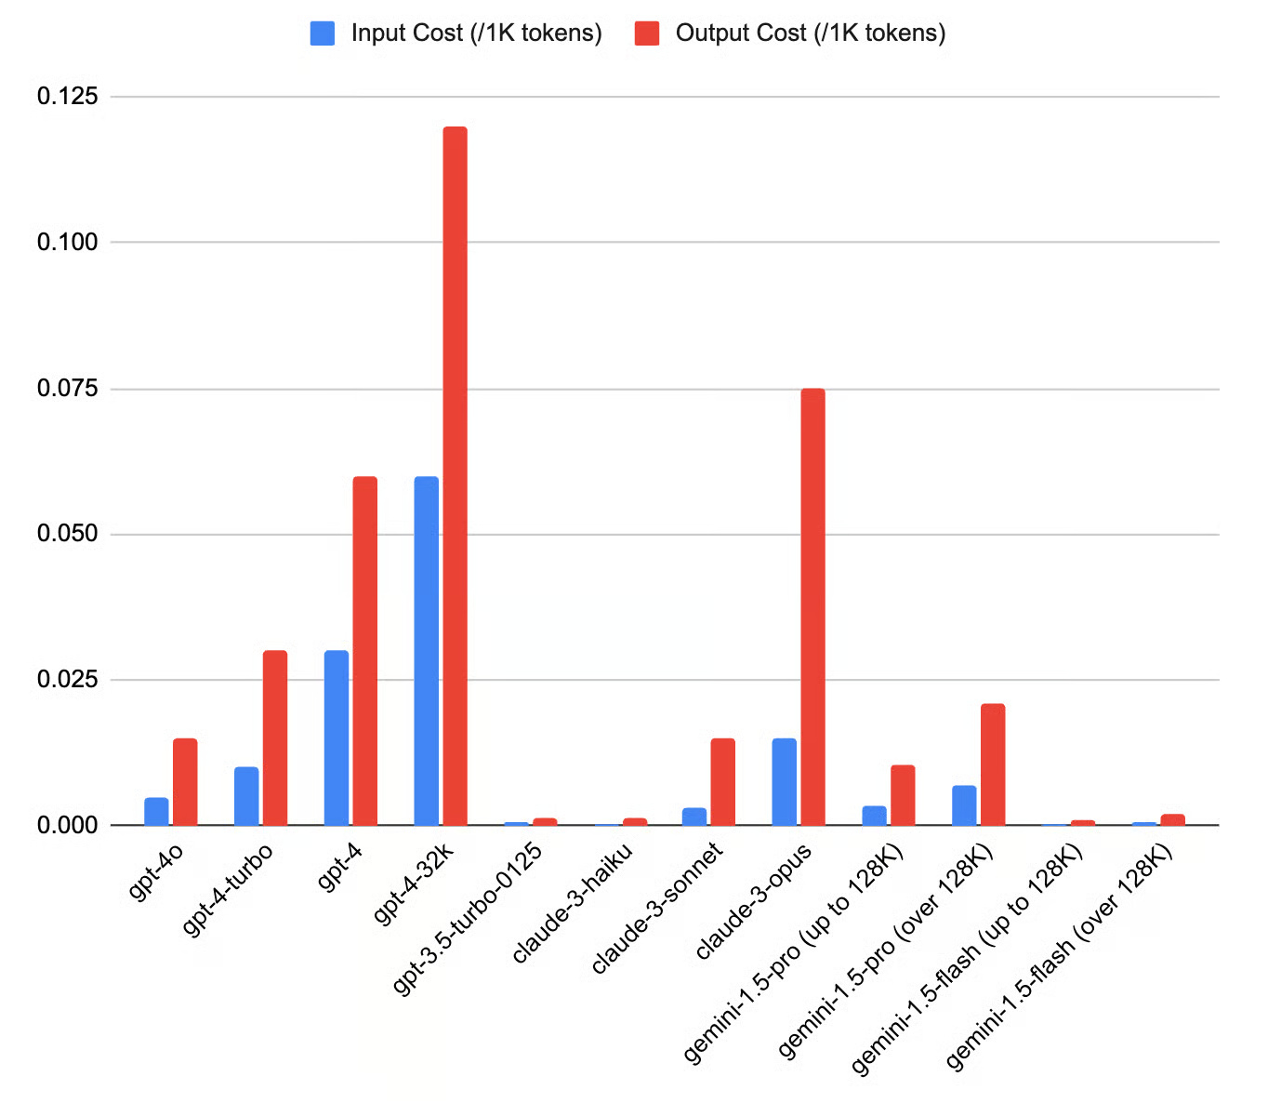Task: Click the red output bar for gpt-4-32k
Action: (455, 474)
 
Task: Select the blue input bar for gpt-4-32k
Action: (426, 651)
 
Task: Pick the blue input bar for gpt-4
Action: (336, 738)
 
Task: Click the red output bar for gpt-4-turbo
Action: (275, 738)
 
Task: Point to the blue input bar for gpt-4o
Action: (156, 811)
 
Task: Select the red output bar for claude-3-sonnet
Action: (722, 781)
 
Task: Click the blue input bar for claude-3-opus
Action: (784, 781)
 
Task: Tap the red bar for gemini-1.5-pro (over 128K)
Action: (992, 764)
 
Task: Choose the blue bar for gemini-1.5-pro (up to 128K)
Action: (874, 815)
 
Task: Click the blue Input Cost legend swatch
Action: (322, 33)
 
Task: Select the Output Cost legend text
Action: (810, 33)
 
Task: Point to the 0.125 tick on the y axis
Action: (67, 96)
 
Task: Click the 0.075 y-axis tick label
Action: (67, 388)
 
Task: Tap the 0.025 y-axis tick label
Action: (67, 680)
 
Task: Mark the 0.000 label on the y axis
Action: (67, 825)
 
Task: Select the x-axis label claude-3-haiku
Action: (573, 901)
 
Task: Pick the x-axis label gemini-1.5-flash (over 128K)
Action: (1059, 957)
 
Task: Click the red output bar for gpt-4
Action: (365, 651)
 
